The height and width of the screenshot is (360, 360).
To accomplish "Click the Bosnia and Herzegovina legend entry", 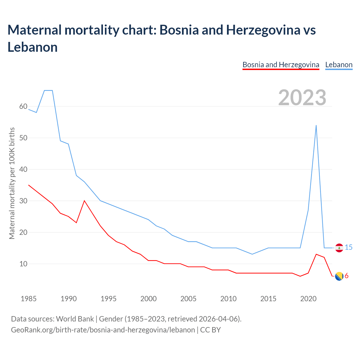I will (281, 65).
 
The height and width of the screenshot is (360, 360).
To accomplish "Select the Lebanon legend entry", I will (339, 65).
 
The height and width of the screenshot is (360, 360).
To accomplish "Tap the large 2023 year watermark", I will (302, 98).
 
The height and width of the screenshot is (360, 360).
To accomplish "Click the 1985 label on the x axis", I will (29, 299).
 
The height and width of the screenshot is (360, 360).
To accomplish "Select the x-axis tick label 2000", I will (148, 299).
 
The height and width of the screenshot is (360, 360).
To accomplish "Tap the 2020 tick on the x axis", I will (308, 299).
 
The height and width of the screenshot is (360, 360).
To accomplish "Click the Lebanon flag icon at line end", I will (339, 248).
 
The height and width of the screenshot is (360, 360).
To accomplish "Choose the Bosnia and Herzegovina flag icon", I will (339, 276).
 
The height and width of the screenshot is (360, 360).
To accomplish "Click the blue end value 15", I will (348, 247).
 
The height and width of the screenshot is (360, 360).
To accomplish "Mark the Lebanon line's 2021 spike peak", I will (316, 125).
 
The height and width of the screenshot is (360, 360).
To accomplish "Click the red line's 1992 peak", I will (84, 201).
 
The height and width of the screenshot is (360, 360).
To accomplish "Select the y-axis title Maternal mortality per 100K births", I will (12, 183).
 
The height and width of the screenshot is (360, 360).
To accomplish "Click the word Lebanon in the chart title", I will (33, 47).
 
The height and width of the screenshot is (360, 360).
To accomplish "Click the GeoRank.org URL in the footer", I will (103, 330).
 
